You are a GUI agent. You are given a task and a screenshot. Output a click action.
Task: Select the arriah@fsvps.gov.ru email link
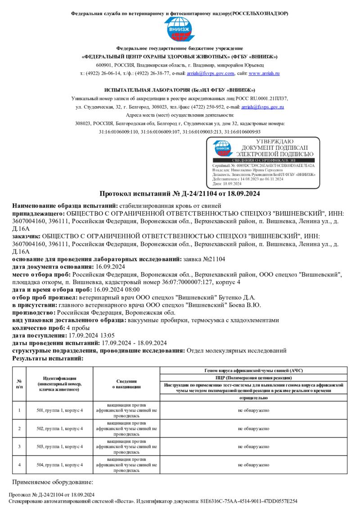(263, 107)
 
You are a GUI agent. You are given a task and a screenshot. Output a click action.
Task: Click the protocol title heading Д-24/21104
(180, 194)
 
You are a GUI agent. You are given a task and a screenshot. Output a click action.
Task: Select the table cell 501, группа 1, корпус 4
(59, 410)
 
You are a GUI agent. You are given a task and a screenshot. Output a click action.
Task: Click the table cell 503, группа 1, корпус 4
(59, 446)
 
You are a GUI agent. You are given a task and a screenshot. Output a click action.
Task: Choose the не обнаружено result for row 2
(254, 428)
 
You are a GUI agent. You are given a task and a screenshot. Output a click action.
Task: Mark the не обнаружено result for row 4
(254, 464)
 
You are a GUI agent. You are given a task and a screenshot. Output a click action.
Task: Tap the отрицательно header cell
(254, 398)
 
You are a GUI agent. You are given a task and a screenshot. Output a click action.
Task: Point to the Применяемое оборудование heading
(52, 482)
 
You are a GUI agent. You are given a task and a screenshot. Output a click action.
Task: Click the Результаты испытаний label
(48, 358)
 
